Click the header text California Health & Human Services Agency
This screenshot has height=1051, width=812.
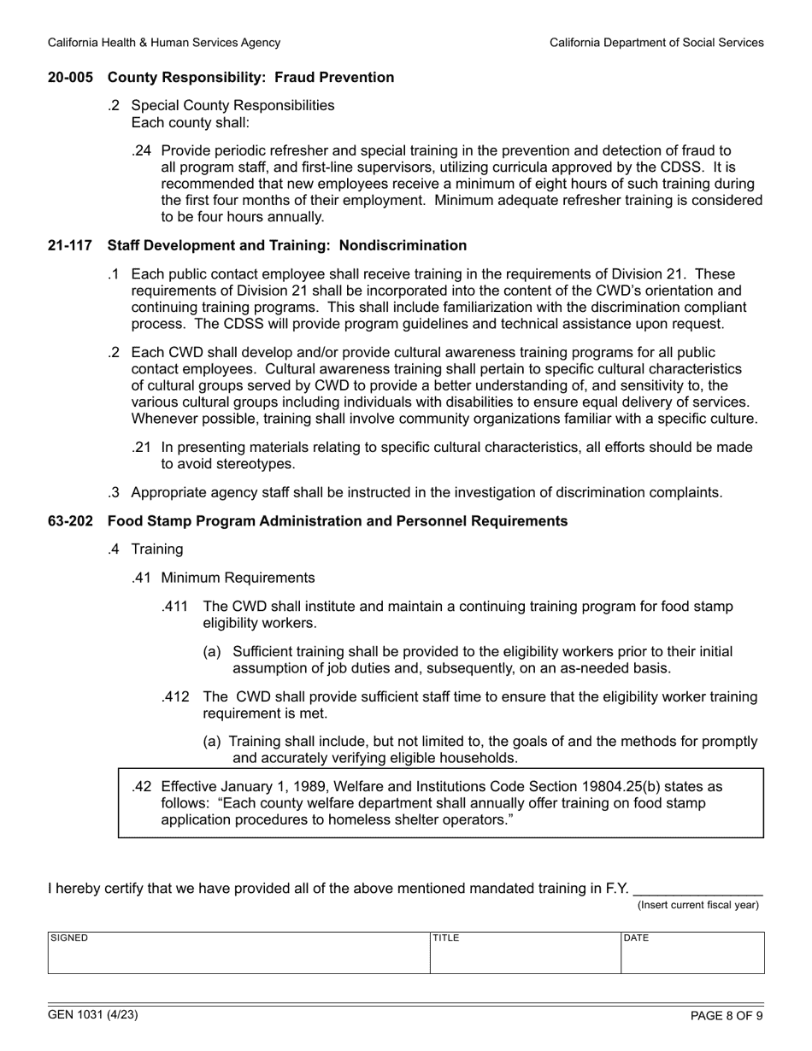[163, 42]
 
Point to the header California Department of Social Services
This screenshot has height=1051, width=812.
[656, 42]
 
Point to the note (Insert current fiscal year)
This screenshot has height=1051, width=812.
[698, 905]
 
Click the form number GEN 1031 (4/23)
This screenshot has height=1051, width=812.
[93, 1015]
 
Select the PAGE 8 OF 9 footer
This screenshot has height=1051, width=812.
[727, 1016]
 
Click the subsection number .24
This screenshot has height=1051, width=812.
[142, 151]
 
